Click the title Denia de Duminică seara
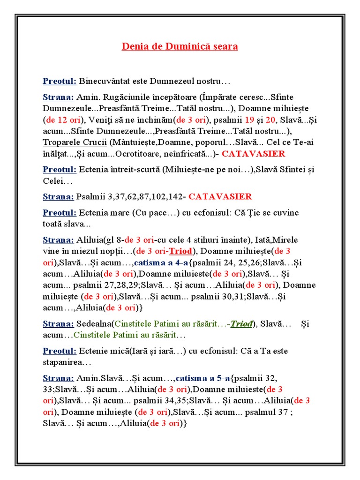(180, 46)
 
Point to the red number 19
(249, 120)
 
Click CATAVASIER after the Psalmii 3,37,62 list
(220, 196)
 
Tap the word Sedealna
(96, 323)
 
